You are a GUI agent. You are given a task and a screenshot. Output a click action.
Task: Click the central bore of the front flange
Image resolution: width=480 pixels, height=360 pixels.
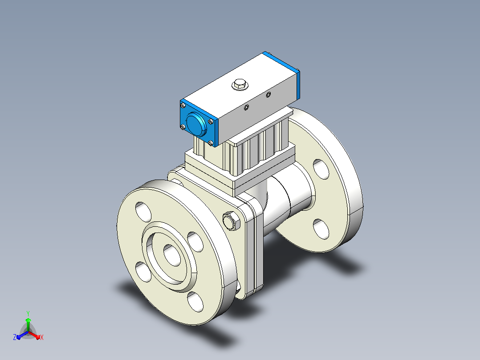pyautogui.click(x=172, y=255)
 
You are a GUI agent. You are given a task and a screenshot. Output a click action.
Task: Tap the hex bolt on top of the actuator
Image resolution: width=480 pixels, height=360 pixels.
pyautogui.click(x=240, y=84)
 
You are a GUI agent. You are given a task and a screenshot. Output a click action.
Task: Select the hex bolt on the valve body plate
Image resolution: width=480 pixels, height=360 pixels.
pyautogui.click(x=232, y=221)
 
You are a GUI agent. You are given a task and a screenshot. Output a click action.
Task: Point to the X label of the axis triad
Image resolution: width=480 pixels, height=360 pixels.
pyautogui.click(x=42, y=337)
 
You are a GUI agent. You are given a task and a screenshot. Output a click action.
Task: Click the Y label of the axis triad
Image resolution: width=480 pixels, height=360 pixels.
pyautogui.click(x=28, y=313)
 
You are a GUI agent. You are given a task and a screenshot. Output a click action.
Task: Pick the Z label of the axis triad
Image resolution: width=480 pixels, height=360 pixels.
pyautogui.click(x=15, y=337)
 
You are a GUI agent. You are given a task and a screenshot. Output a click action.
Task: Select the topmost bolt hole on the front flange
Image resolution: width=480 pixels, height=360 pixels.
pyautogui.click(x=143, y=212)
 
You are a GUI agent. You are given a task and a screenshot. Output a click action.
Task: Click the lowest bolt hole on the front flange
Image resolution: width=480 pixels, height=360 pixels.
pyautogui.click(x=195, y=302)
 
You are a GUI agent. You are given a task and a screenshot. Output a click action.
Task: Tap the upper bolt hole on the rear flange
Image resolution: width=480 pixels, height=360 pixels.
pyautogui.click(x=321, y=169)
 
